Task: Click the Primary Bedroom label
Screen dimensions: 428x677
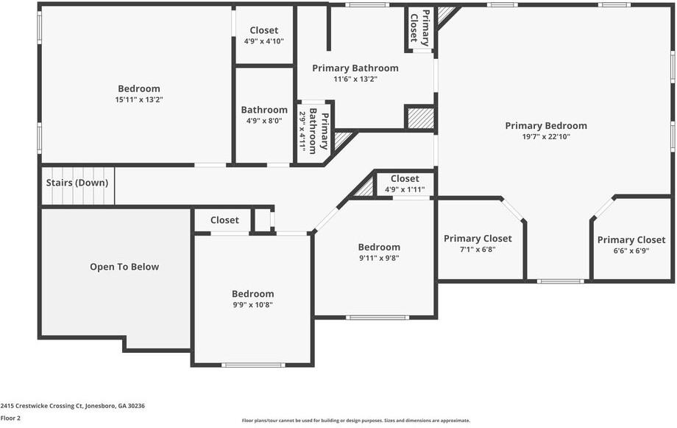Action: click(x=546, y=126)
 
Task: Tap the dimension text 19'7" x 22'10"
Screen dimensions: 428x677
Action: click(x=546, y=136)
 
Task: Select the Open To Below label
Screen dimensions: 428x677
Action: click(x=124, y=267)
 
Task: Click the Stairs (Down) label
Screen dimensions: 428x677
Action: click(x=77, y=183)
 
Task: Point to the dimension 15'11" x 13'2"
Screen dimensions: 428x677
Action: click(x=139, y=99)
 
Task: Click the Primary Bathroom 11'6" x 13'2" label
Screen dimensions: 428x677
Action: click(x=355, y=69)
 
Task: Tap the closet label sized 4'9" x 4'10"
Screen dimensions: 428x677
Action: click(x=264, y=31)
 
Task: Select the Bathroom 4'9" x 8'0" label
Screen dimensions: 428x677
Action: click(x=264, y=110)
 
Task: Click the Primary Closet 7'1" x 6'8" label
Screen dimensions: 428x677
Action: click(x=478, y=239)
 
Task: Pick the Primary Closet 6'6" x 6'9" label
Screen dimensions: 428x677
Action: click(x=631, y=240)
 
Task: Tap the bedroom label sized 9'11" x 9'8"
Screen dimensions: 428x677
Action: click(x=379, y=248)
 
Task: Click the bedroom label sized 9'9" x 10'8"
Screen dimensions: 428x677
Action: click(x=252, y=294)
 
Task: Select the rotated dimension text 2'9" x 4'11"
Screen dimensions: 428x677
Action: click(x=302, y=130)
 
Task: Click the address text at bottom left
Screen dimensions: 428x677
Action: click(x=73, y=406)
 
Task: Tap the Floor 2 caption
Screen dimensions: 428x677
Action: click(x=10, y=418)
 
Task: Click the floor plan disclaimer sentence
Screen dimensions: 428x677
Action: click(x=356, y=421)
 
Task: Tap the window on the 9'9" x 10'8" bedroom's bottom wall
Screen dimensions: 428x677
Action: click(x=253, y=365)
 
